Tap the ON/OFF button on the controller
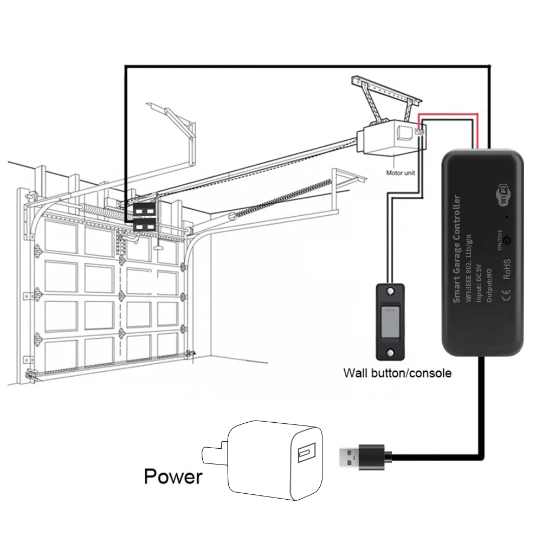[x=507, y=240]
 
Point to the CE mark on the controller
[x=506, y=295]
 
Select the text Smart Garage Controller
[x=456, y=249]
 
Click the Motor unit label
[x=403, y=173]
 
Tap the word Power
[x=173, y=476]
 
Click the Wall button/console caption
[x=397, y=373]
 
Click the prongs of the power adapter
[x=214, y=452]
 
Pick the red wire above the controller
[x=450, y=114]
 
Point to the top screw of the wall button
[x=390, y=292]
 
